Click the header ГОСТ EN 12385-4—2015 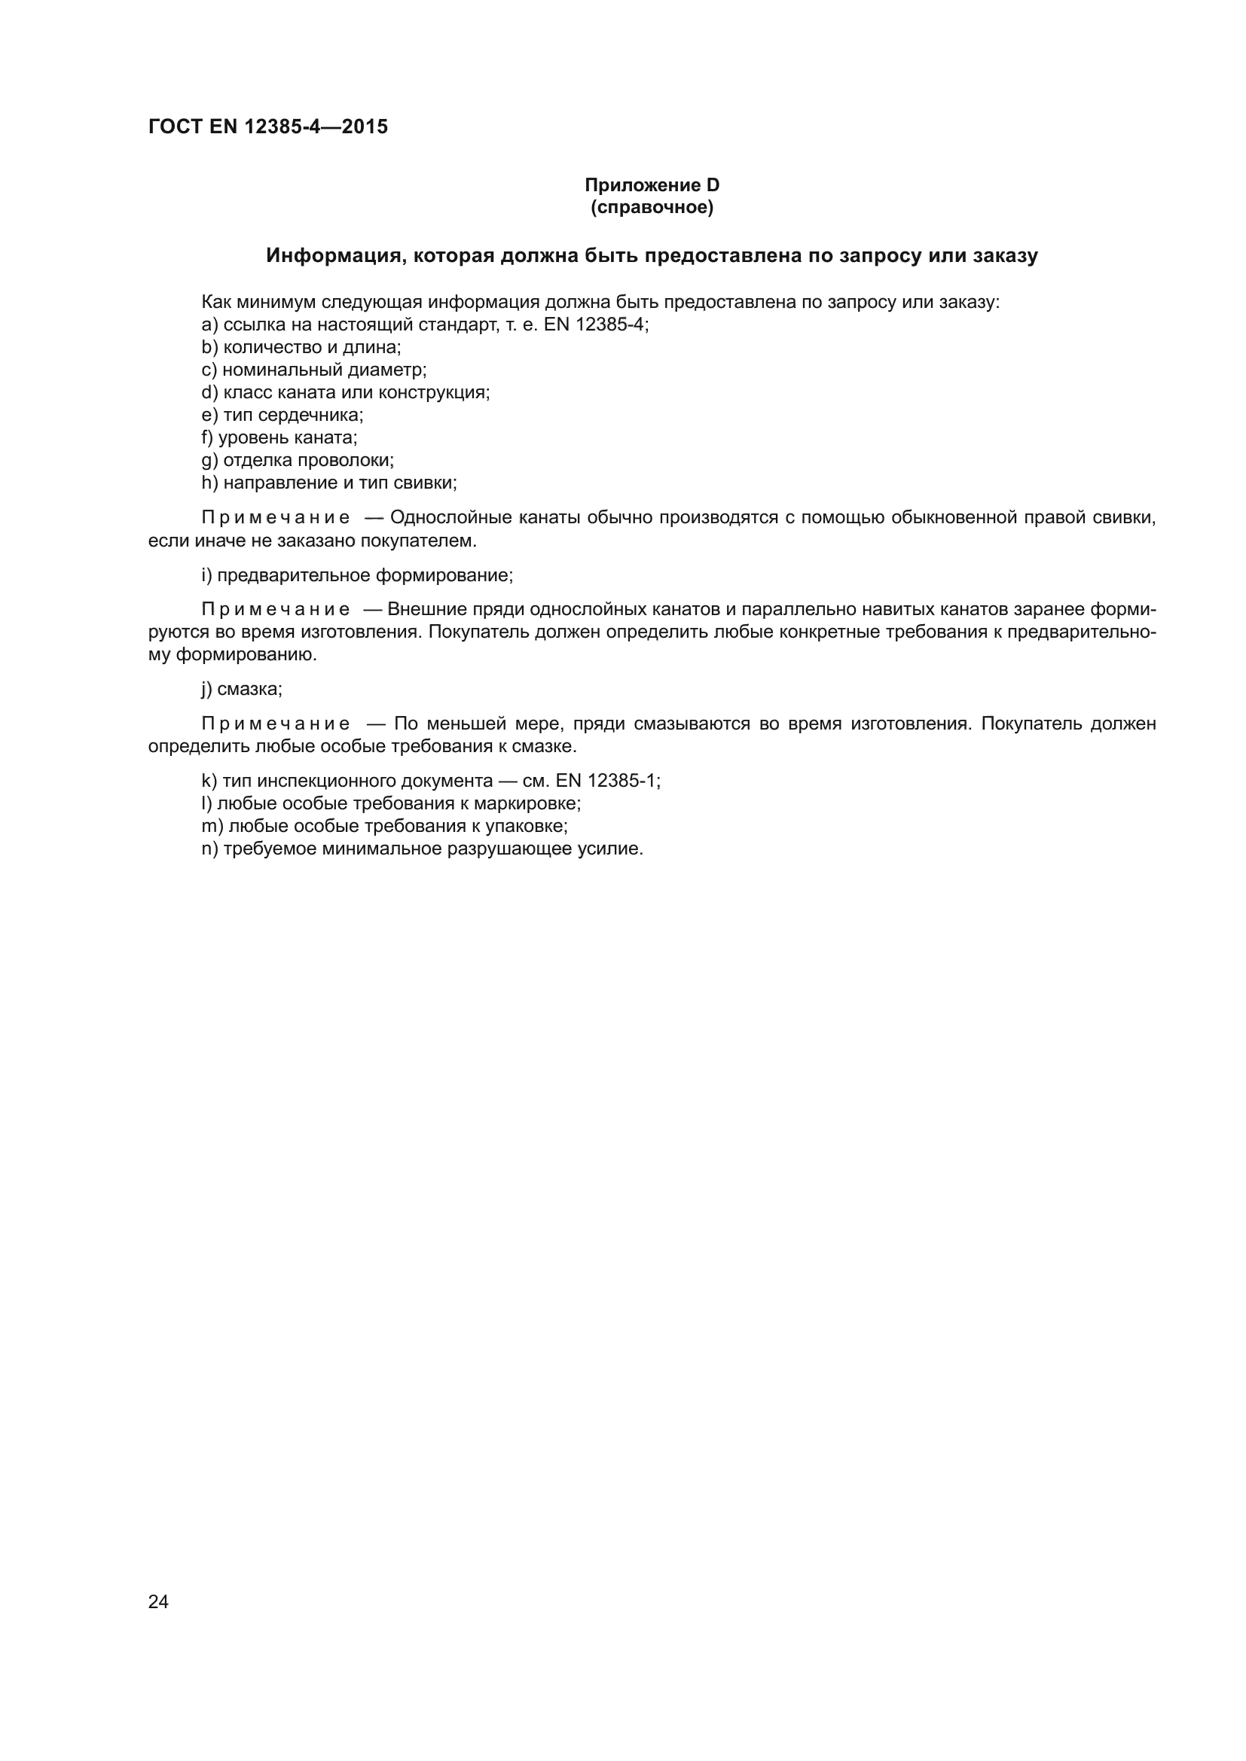(267, 126)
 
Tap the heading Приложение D (652, 185)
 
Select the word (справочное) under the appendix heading (652, 207)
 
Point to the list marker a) (209, 324)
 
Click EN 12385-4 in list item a (594, 324)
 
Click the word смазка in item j (249, 689)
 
